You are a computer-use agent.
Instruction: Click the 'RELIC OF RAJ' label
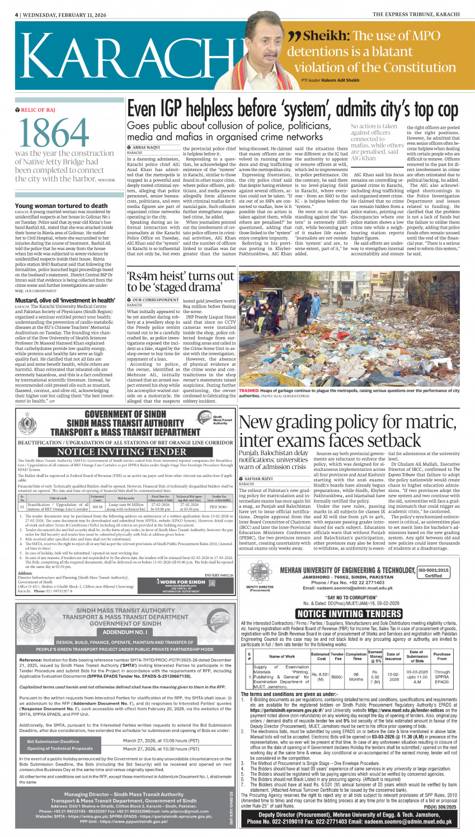pos(37,110)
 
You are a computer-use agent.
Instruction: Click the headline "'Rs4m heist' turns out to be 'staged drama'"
pos(180,282)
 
